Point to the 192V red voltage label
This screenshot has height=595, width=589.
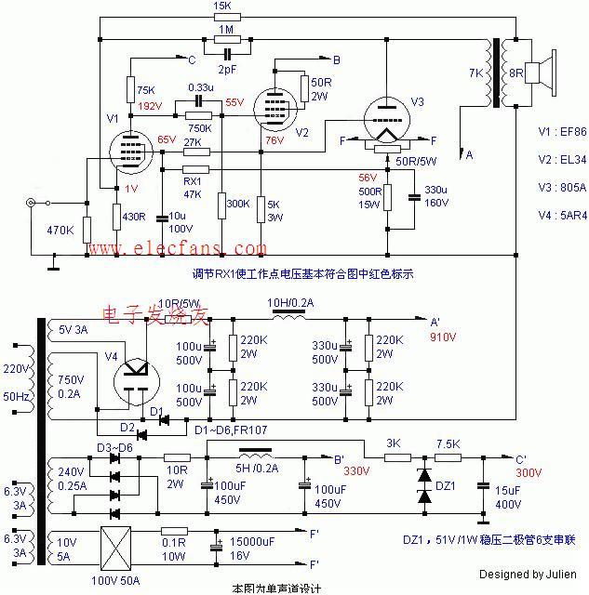151,106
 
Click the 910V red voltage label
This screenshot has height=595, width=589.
443,338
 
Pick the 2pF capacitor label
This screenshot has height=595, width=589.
226,69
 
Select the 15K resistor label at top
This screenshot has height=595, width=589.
223,7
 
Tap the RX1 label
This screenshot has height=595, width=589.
193,181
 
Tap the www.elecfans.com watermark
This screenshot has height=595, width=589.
164,249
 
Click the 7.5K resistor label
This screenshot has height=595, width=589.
446,444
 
